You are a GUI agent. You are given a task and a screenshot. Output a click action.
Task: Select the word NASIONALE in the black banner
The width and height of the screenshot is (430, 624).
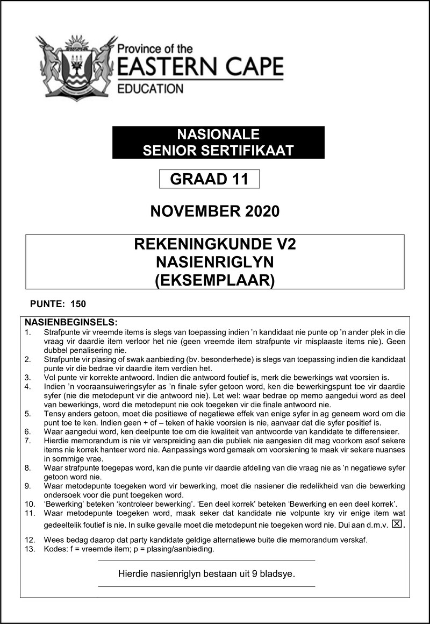pos(218,134)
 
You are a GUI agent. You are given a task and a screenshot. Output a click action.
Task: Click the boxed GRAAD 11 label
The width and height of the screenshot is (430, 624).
pos(209,179)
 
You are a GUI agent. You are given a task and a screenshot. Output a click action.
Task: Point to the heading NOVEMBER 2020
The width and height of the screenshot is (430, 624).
pos(215,211)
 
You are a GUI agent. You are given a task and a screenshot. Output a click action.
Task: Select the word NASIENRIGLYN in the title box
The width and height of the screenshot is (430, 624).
pos(215,263)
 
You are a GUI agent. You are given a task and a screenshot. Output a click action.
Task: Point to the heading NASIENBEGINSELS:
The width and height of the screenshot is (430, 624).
pos(71,322)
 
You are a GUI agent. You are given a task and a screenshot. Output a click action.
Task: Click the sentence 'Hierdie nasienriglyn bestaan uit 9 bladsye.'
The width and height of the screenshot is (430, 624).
pos(207,574)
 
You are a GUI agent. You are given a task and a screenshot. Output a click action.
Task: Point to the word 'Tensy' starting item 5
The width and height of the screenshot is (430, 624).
pos(55,414)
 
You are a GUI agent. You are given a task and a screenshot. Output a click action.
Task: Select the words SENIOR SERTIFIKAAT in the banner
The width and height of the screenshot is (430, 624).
pos(218,151)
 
